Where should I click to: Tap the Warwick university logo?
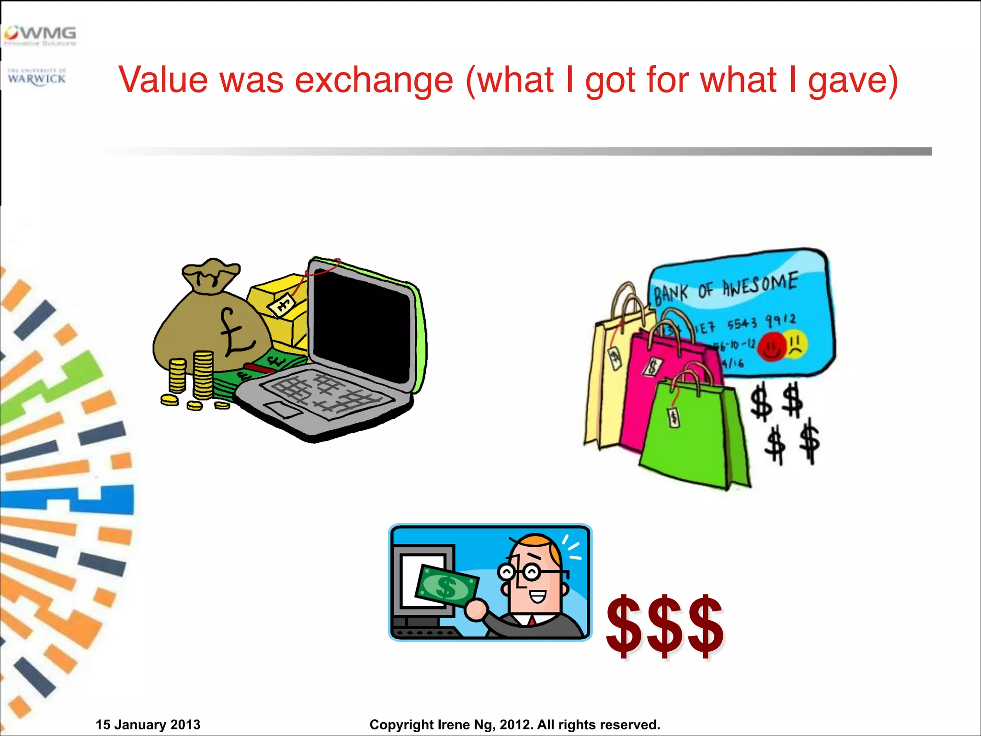37,77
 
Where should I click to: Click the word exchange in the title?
374,80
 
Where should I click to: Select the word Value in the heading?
163,80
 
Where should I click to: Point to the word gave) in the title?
853,80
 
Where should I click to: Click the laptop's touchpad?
283,410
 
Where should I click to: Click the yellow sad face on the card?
796,344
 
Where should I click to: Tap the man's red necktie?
532,621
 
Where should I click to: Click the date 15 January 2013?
148,724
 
